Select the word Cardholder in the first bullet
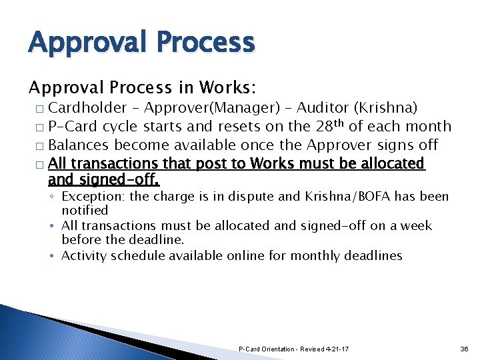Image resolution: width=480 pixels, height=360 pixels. pyautogui.click(x=87, y=108)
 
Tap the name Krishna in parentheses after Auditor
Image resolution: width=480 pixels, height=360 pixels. pyautogui.click(x=389, y=108)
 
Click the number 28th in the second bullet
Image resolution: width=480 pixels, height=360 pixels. pyautogui.click(x=335, y=125)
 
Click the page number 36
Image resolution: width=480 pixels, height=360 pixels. pyautogui.click(x=464, y=349)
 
